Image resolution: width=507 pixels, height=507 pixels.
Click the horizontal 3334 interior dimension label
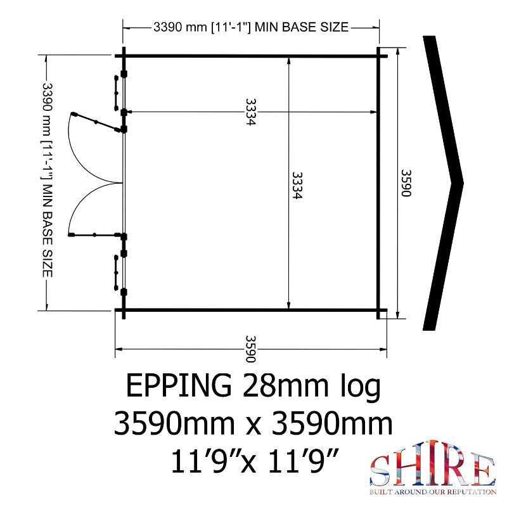coord(250,112)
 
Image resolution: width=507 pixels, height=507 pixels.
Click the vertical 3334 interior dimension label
coord(297,185)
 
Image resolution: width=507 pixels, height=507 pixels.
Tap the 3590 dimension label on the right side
coord(406,183)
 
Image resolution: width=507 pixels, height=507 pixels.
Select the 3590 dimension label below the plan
coord(250,349)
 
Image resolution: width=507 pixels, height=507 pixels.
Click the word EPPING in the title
coord(179,385)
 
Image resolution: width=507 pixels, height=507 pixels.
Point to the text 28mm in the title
coord(285,385)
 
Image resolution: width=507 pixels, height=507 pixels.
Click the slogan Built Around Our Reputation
coord(433,492)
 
